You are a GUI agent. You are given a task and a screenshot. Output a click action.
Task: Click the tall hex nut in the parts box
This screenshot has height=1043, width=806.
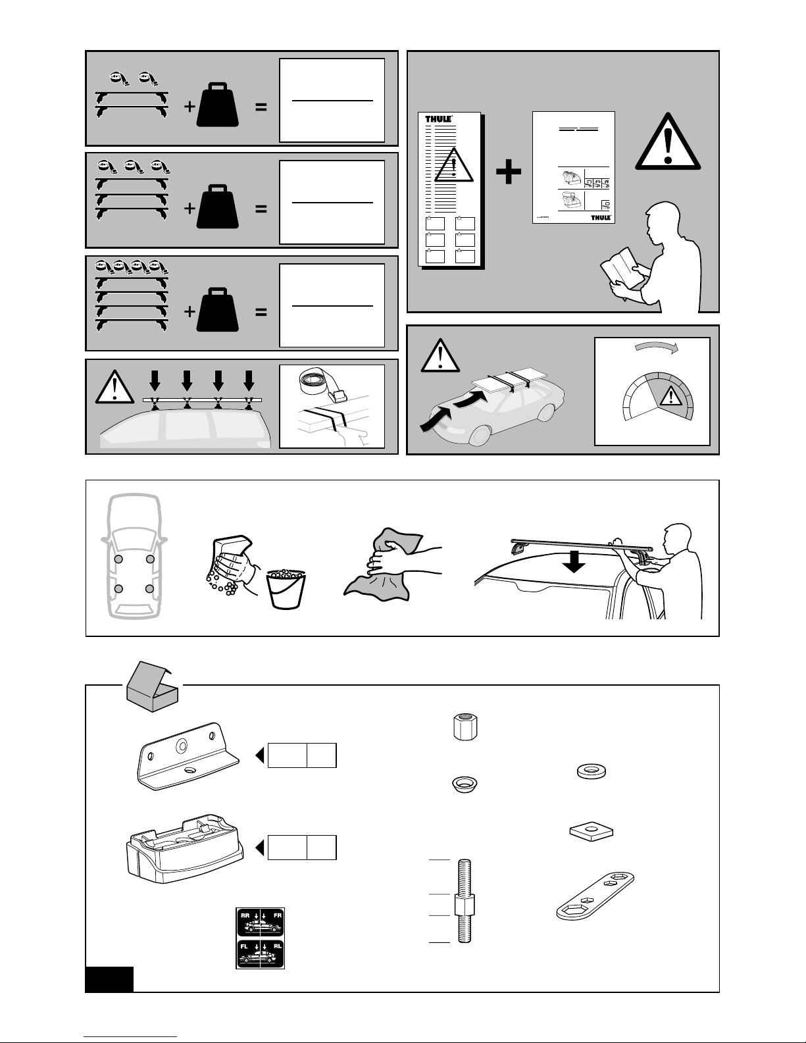[x=465, y=728]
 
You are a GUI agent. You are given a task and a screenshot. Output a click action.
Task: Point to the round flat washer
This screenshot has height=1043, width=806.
[x=593, y=771]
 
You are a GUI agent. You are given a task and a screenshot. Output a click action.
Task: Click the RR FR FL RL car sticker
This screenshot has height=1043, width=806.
[x=261, y=938]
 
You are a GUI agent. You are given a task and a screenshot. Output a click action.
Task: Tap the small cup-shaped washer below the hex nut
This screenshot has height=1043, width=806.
[x=465, y=784]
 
